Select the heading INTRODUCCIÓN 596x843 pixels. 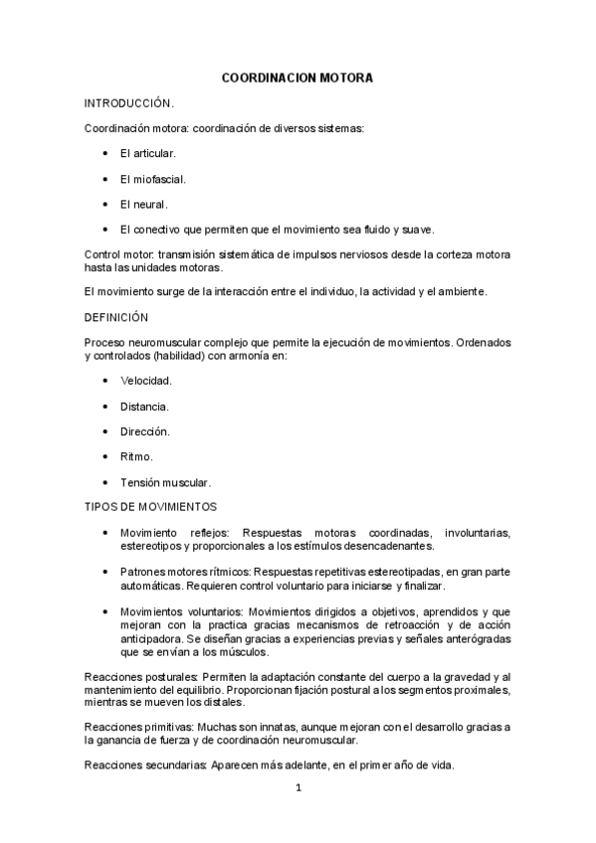pyautogui.click(x=130, y=102)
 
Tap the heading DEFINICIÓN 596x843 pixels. pyautogui.click(x=116, y=317)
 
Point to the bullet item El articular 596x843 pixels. pyautogui.click(x=147, y=154)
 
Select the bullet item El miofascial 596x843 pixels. pyautogui.click(x=153, y=179)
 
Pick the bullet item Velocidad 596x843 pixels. pyautogui.click(x=146, y=381)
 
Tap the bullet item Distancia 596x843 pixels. pyautogui.click(x=144, y=407)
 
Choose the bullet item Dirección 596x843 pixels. pyautogui.click(x=145, y=431)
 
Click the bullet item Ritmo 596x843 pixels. pyautogui.click(x=136, y=457)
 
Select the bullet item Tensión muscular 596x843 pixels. pyautogui.click(x=165, y=482)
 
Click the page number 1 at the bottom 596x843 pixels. pyautogui.click(x=298, y=789)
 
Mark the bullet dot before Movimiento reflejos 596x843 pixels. pyautogui.click(x=105, y=534)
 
